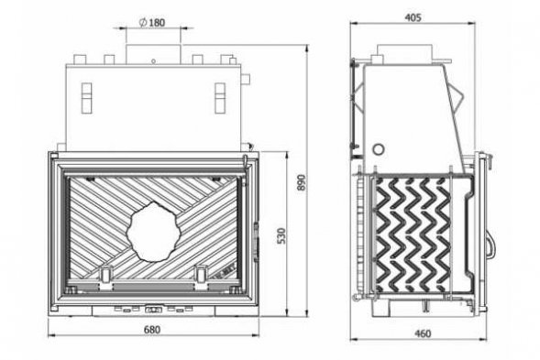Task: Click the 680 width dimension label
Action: [x=152, y=330]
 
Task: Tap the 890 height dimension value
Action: [x=301, y=183]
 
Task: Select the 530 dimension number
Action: [x=281, y=235]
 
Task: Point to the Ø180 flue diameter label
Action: [x=152, y=23]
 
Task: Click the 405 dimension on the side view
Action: [x=413, y=17]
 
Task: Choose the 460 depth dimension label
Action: [x=423, y=333]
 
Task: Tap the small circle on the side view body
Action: [x=379, y=149]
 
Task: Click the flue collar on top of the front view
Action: [x=153, y=54]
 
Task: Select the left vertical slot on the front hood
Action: [x=87, y=98]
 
